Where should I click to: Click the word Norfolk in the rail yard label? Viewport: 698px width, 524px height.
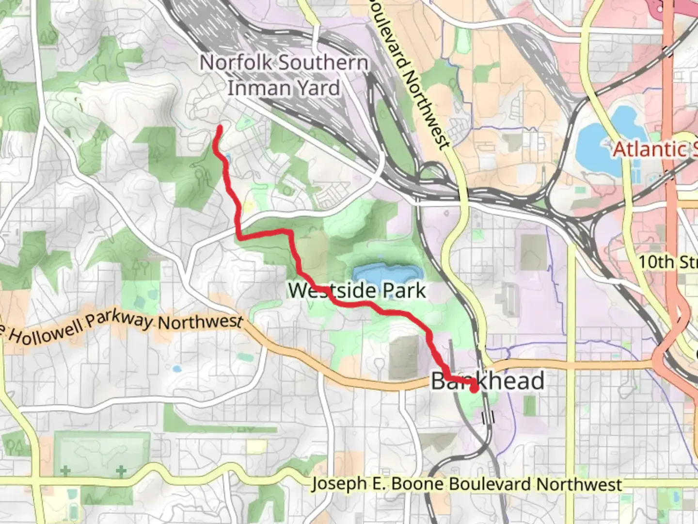236,63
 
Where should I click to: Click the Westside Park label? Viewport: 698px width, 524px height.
357,291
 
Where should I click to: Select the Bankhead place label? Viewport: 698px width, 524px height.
488,381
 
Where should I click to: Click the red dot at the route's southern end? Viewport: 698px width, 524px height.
474,387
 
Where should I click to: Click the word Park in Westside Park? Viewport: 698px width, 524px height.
404,291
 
